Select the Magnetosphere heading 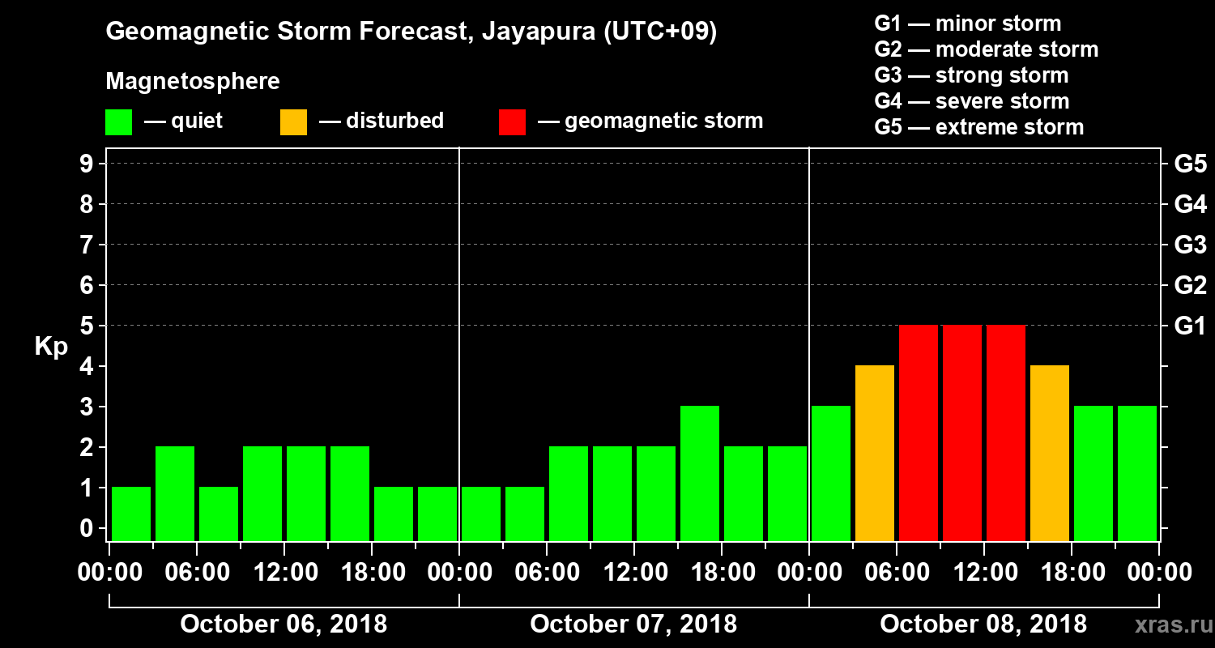pyautogui.click(x=193, y=82)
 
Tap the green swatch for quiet pyautogui.click(x=118, y=122)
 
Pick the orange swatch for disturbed pyautogui.click(x=293, y=122)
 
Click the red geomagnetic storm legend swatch pyautogui.click(x=512, y=122)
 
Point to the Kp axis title pyautogui.click(x=51, y=347)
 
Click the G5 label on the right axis pyautogui.click(x=1190, y=164)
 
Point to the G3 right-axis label pyautogui.click(x=1190, y=245)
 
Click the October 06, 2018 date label pyautogui.click(x=283, y=625)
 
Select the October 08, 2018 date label pyautogui.click(x=983, y=625)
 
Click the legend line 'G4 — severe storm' pyautogui.click(x=972, y=101)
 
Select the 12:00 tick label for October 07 pyautogui.click(x=634, y=573)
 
